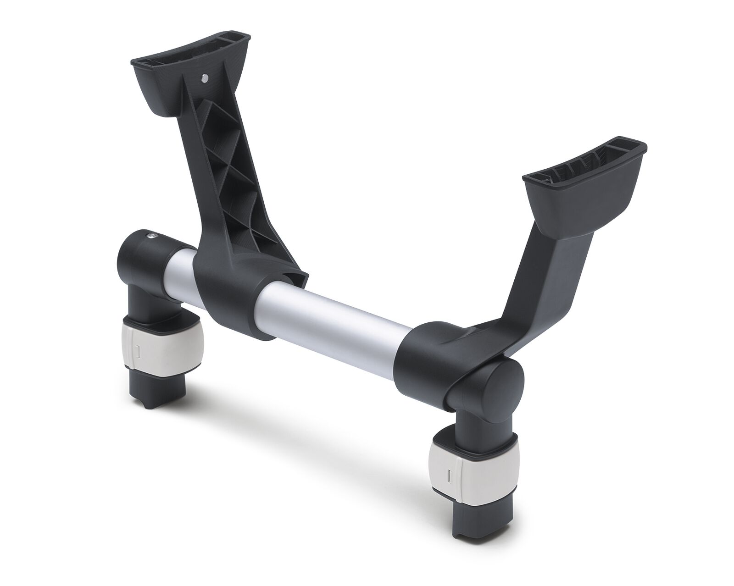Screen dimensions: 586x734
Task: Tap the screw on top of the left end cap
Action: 151,236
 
